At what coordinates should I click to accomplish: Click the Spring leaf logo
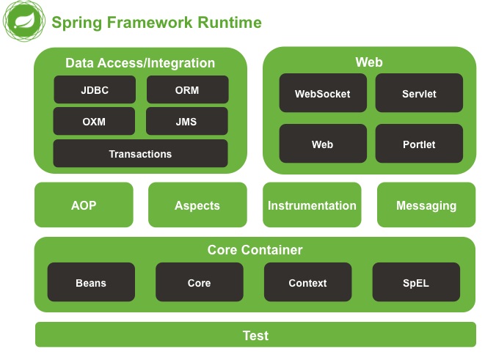coord(23,22)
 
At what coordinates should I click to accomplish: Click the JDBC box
coord(94,90)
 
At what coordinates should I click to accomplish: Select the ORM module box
coord(187,90)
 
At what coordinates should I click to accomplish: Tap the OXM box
coord(94,122)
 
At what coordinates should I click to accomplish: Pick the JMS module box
coord(187,122)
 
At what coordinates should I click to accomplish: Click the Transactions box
coord(140,154)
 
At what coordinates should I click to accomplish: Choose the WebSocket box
coord(322,93)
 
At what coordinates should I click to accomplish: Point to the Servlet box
coord(419,93)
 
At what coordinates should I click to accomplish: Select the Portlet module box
coord(419,144)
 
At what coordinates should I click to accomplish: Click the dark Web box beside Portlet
coord(322,144)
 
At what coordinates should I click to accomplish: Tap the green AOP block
coord(84,205)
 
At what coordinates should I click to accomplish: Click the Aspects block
coord(197,205)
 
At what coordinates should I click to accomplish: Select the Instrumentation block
coord(312,205)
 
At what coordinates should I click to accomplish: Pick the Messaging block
coord(426,205)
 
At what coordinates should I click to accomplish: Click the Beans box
coord(91,282)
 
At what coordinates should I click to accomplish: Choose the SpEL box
coord(416,282)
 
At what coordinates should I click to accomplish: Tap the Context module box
coord(307,282)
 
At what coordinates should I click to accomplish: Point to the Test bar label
coord(255,336)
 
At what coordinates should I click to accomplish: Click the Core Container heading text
coord(255,250)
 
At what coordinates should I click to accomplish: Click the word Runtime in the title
coord(230,23)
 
